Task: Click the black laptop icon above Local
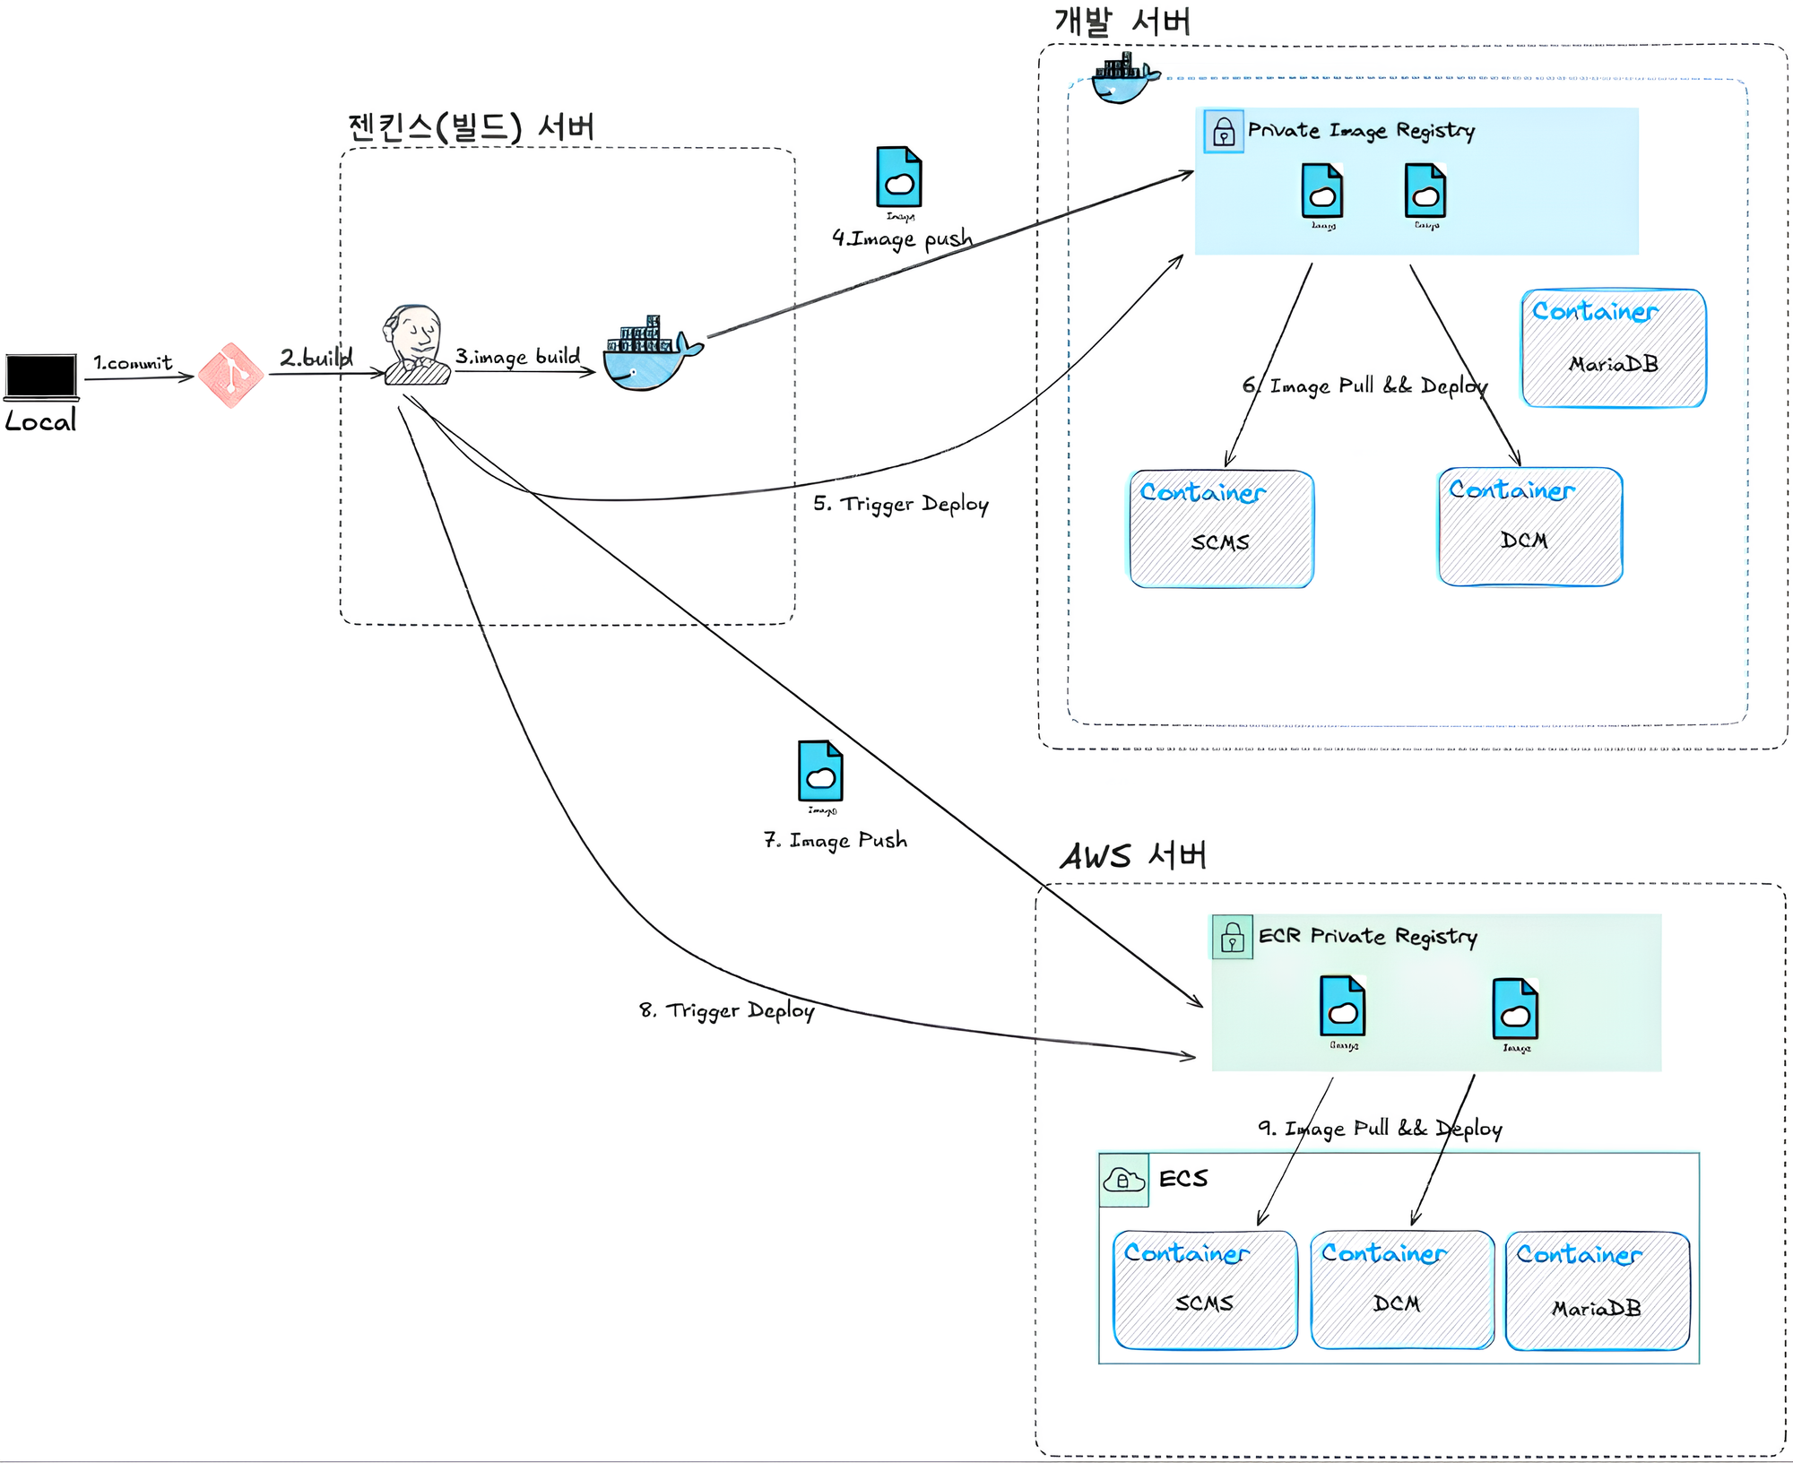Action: (x=41, y=377)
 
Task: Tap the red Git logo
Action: (x=230, y=376)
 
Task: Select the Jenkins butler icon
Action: (x=416, y=347)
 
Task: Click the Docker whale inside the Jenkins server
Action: (x=651, y=357)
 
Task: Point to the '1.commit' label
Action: (x=133, y=363)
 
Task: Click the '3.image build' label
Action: (x=517, y=357)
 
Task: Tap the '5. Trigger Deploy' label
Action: (x=901, y=504)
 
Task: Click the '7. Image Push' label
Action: (x=836, y=841)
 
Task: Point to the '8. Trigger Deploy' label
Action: (x=727, y=1011)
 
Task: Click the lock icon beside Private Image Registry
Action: (x=1224, y=133)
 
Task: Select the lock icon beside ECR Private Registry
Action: (x=1233, y=938)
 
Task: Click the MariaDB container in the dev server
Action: (x=1614, y=349)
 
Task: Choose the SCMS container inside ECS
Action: (x=1205, y=1290)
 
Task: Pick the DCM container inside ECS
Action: (x=1401, y=1290)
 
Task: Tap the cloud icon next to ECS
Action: (x=1124, y=1180)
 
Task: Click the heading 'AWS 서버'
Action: (x=1133, y=856)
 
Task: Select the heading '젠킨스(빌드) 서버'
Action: (x=472, y=127)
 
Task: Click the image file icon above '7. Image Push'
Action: (x=820, y=772)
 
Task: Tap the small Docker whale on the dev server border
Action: (x=1124, y=78)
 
